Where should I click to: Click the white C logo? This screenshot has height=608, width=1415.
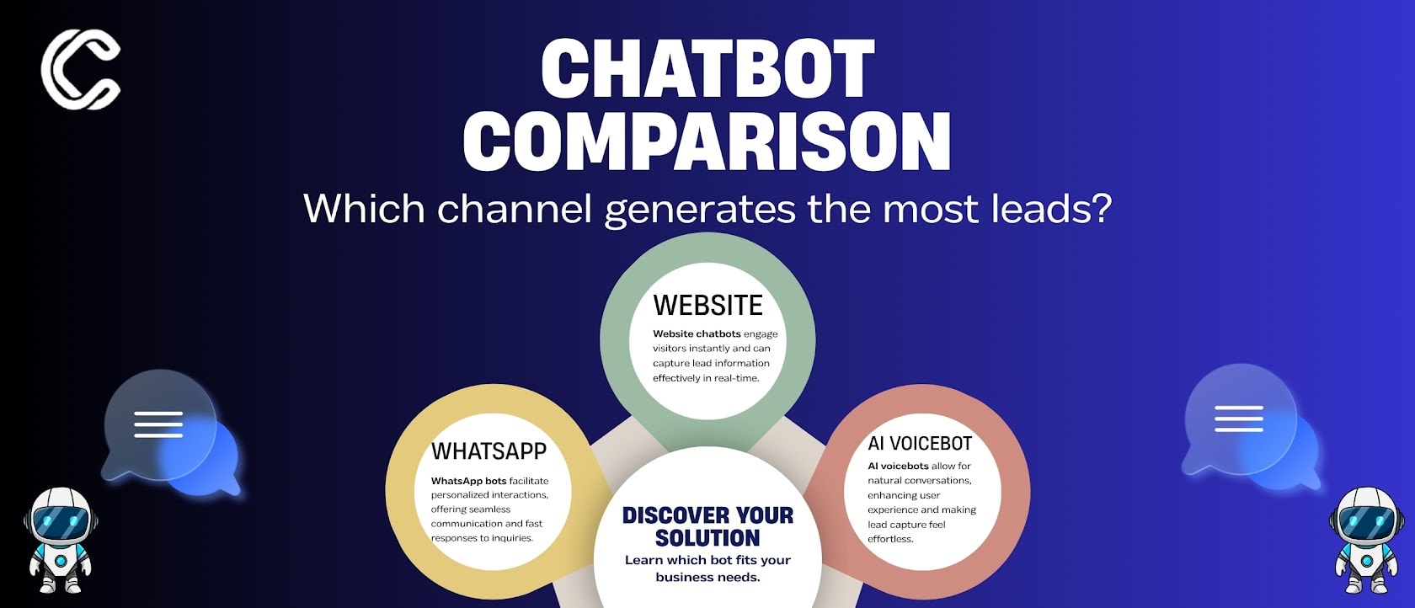(81, 69)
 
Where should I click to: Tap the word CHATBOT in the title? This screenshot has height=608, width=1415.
(707, 69)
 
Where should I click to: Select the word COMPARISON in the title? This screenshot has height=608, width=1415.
(707, 141)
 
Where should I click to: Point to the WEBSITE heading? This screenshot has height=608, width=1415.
(707, 305)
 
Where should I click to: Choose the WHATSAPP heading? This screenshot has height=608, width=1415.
(489, 451)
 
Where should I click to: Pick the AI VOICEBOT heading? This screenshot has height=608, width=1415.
(920, 444)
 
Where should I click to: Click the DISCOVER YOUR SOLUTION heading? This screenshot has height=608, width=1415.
(707, 526)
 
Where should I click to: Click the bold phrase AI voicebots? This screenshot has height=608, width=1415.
(898, 466)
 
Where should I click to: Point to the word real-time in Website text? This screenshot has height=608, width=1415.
(736, 378)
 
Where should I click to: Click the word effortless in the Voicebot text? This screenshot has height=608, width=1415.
(890, 539)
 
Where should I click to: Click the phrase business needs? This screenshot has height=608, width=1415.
(707, 578)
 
